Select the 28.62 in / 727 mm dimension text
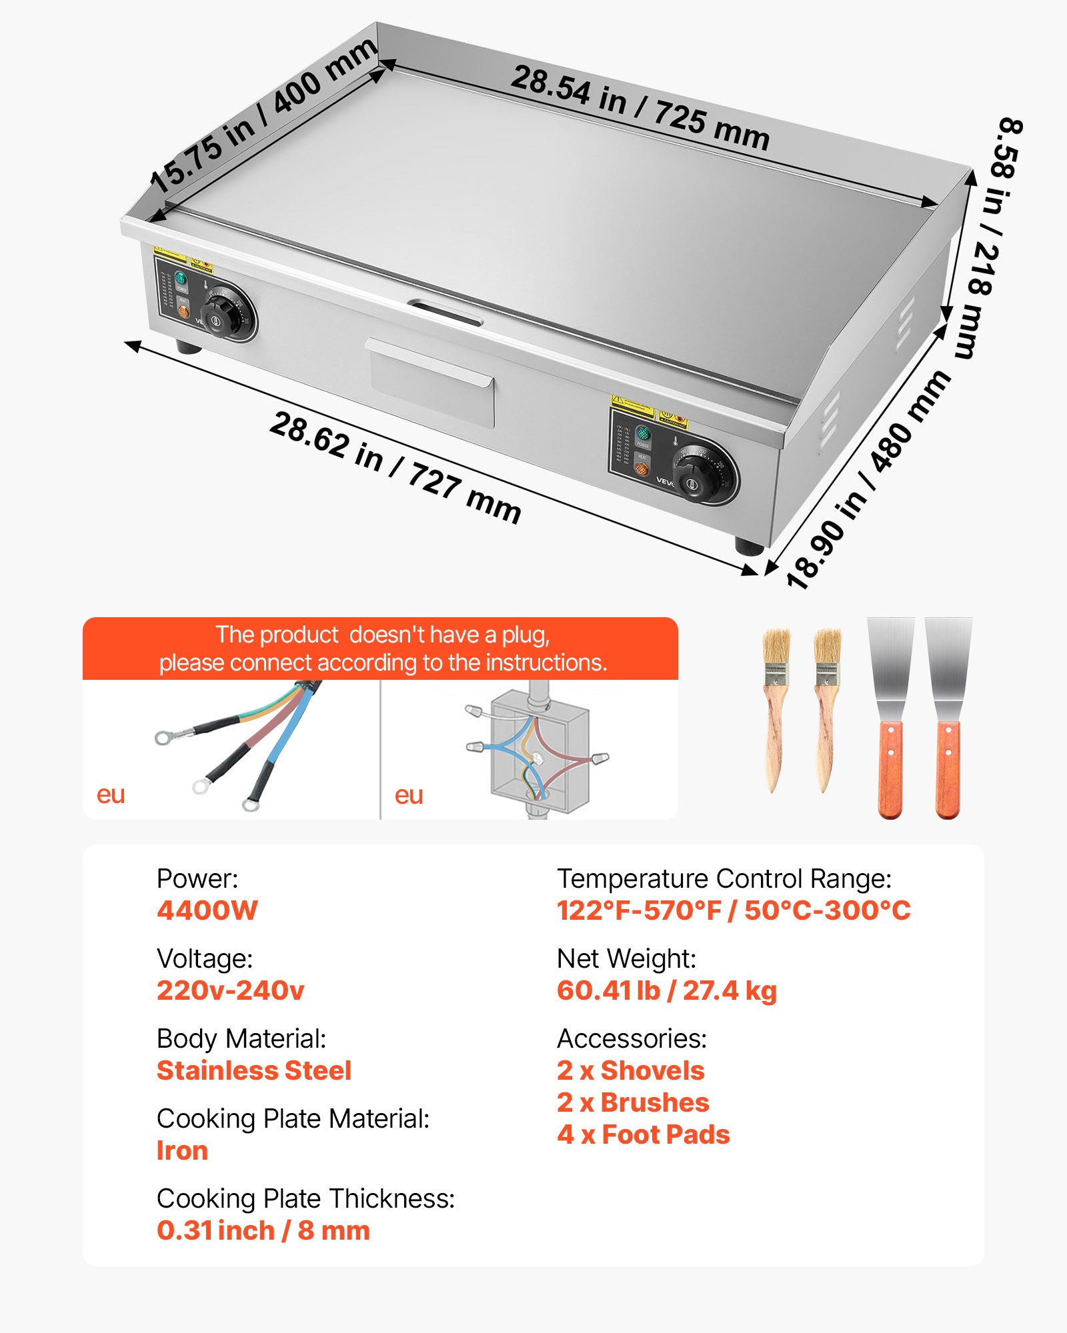click(x=395, y=468)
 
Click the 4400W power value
click(x=207, y=910)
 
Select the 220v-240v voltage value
click(x=231, y=990)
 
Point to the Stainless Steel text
click(x=254, y=1070)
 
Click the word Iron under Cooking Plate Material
click(x=182, y=1150)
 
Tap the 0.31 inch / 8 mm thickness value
click(x=263, y=1230)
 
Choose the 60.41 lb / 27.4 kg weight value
click(x=667, y=990)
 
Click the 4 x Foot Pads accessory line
click(x=644, y=1134)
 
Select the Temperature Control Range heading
click(x=724, y=878)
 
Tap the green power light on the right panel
click(x=644, y=434)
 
